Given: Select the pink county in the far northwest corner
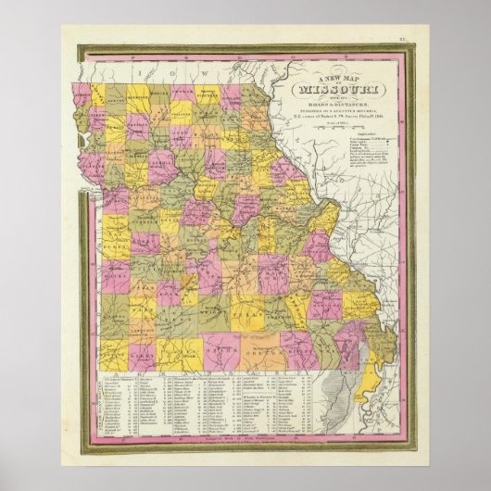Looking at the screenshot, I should point(82,95).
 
